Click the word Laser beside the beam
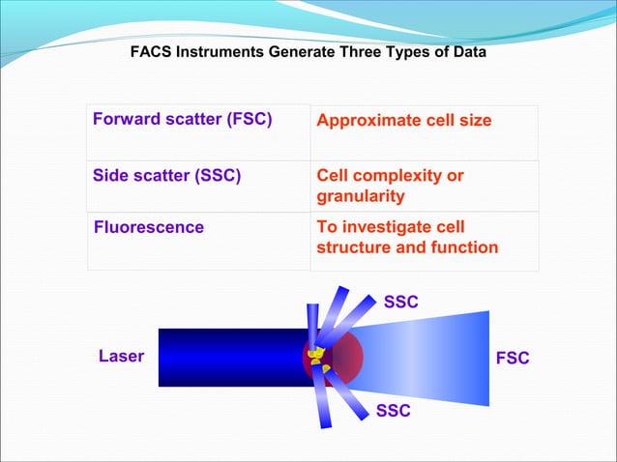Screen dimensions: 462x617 coord(121,357)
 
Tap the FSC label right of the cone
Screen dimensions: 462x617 coord(512,359)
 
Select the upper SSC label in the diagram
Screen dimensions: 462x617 coord(401,303)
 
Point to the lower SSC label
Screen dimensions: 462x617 coord(393,411)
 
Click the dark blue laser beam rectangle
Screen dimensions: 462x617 coord(227,358)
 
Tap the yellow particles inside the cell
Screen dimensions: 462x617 coord(317,360)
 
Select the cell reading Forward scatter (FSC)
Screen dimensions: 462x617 coord(183,120)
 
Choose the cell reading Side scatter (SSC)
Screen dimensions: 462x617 coord(166,175)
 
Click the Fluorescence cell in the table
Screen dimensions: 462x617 coord(149,227)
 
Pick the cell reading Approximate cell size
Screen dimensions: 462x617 coord(403,121)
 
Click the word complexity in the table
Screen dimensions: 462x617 coord(397,176)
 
